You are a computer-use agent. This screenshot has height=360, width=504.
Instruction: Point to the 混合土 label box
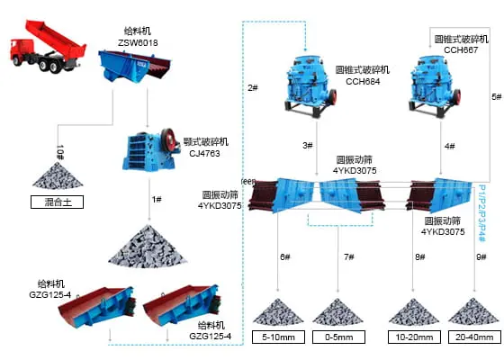[57, 202]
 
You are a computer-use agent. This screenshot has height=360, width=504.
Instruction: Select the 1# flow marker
[157, 199]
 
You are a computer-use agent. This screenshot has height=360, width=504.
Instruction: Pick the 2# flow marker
[253, 88]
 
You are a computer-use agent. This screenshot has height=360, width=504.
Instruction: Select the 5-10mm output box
[276, 337]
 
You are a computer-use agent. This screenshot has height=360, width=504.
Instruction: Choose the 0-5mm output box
[337, 337]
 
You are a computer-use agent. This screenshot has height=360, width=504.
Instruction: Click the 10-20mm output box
[413, 337]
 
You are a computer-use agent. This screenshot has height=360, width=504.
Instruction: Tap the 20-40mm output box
[474, 337]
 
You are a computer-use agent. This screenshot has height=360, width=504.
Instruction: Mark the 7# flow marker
[349, 257]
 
